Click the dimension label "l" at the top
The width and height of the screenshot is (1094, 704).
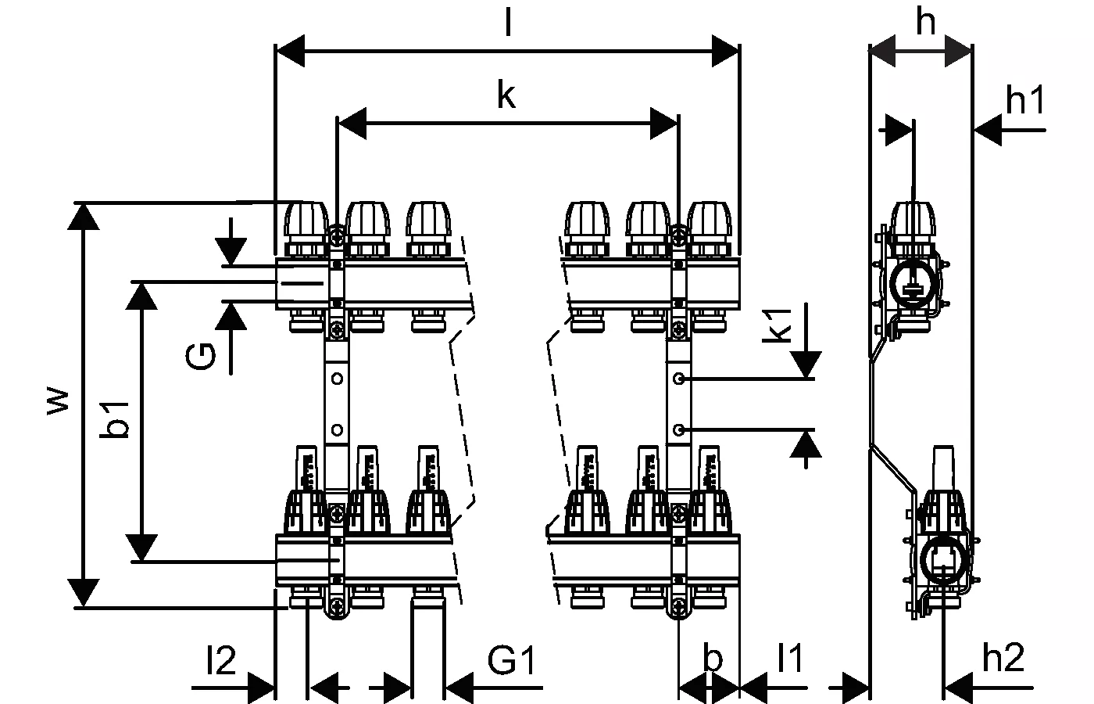pos(508,23)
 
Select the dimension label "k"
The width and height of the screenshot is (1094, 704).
pos(506,95)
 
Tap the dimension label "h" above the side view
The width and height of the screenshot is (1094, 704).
pos(925,23)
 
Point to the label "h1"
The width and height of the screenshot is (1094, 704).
pos(1024,101)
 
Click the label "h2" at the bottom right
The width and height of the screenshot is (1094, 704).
pos(1003,659)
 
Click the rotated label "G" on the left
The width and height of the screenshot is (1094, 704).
pos(202,357)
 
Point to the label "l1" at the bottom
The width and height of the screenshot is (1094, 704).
pos(789,659)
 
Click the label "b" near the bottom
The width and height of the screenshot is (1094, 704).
pos(712,659)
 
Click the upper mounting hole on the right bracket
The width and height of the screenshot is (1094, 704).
pos(680,379)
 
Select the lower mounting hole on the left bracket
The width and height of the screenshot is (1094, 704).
pos(337,429)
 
